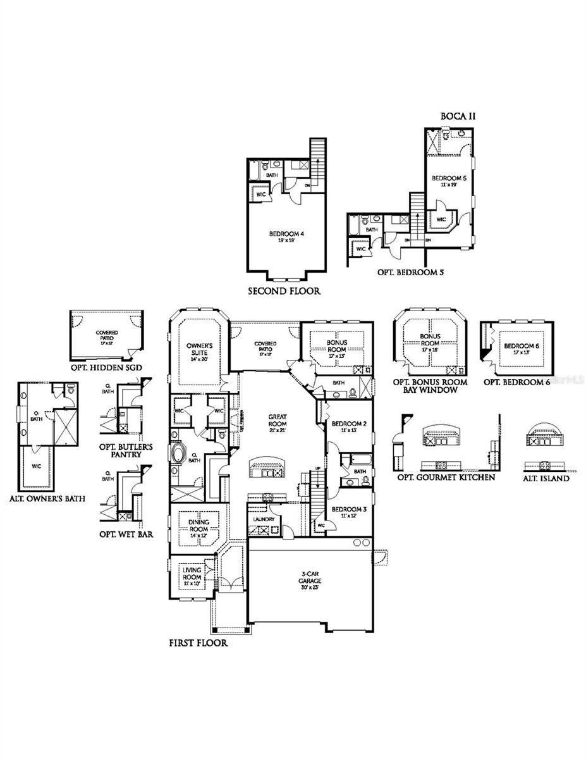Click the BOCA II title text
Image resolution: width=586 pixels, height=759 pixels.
pos(458,116)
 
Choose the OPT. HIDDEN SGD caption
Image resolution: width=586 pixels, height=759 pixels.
pos(106,367)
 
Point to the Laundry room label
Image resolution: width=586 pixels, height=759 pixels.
pos(264,519)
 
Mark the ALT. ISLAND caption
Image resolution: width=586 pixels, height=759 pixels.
pos(546,479)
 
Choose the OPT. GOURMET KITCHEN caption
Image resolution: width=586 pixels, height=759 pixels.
pos(446,477)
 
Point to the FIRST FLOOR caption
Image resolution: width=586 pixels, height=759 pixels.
pos(198,643)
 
